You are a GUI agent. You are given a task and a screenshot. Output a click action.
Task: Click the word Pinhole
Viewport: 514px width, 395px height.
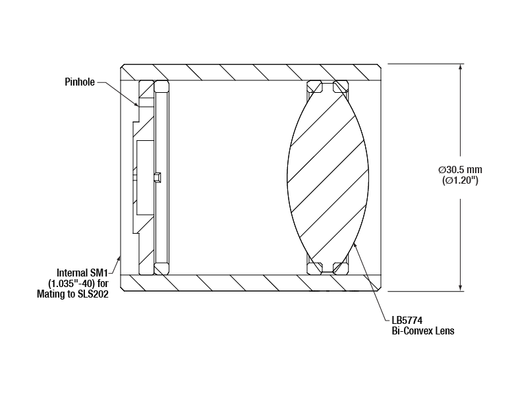pos(79,82)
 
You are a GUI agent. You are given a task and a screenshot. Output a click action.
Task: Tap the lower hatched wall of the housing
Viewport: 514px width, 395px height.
pos(250,282)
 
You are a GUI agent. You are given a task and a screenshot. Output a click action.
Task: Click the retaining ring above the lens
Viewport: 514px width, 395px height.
pos(328,86)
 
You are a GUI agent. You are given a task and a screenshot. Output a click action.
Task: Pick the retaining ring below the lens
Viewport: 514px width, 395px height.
pos(328,267)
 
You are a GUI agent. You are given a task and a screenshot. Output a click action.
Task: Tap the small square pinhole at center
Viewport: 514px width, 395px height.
pos(157,176)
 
